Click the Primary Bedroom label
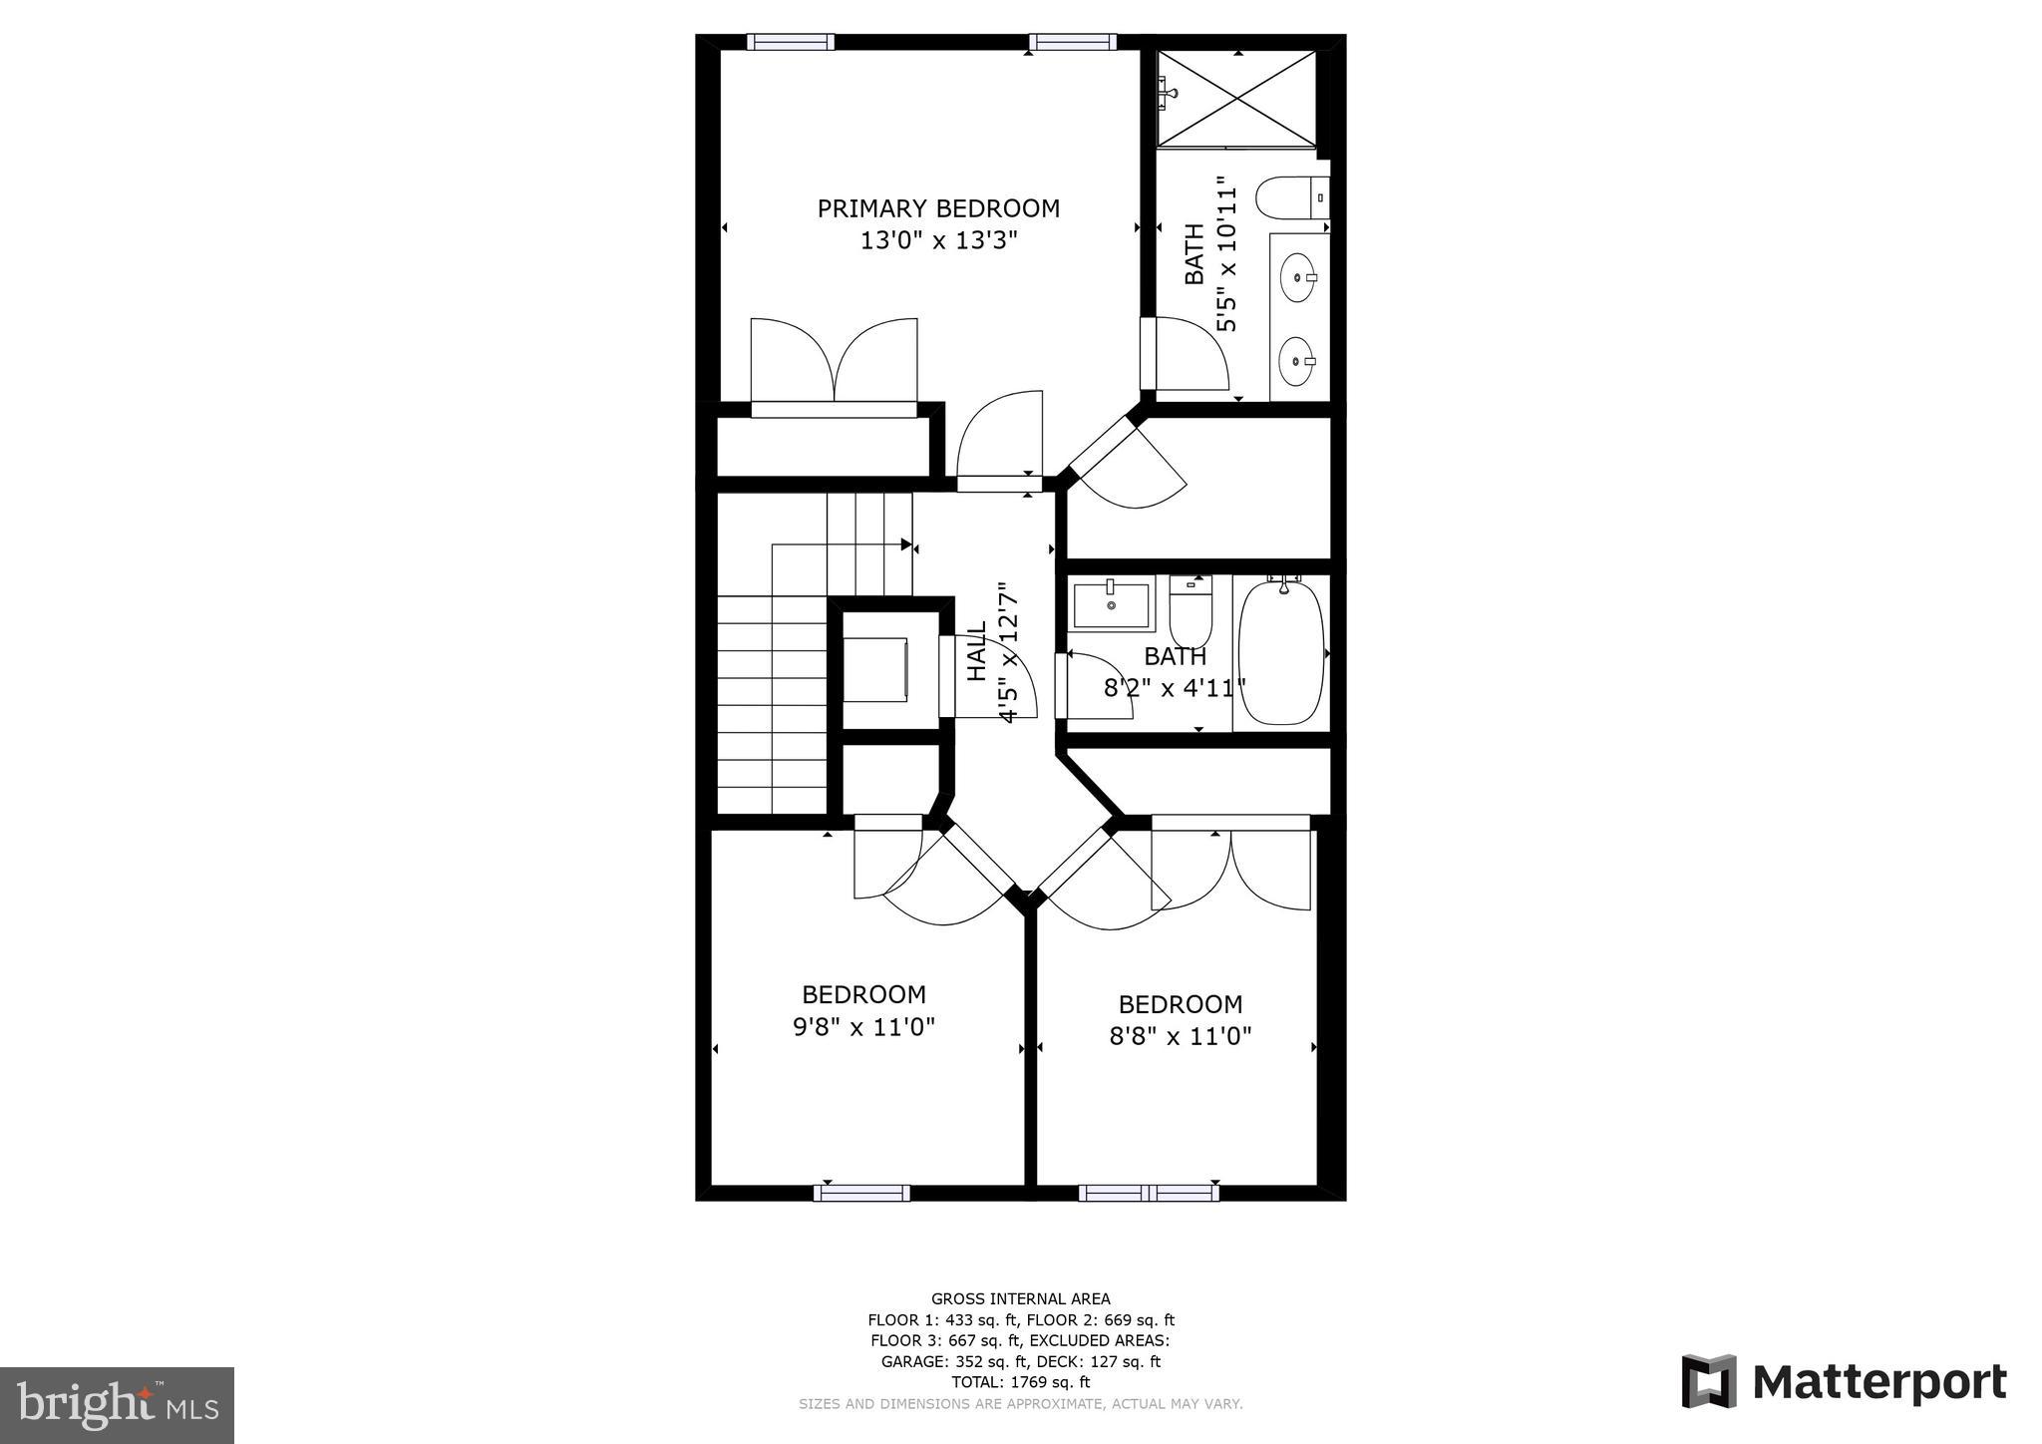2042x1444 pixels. click(937, 208)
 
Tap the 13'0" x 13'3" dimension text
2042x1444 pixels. click(937, 240)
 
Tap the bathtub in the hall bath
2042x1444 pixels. click(1280, 652)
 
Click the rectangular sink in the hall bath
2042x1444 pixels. click(1111, 605)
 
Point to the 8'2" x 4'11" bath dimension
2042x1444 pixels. click(1175, 687)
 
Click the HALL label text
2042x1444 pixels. click(977, 650)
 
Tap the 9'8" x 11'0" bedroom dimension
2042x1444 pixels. click(863, 1026)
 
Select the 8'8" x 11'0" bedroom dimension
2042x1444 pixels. click(1180, 1036)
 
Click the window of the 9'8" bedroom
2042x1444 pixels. click(861, 1192)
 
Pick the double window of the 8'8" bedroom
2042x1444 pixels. click(1149, 1192)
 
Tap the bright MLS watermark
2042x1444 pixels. click(117, 1405)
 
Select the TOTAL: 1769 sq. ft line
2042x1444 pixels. click(1020, 1382)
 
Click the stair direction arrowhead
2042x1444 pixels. click(905, 544)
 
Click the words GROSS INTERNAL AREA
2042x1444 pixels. click(1020, 1298)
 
